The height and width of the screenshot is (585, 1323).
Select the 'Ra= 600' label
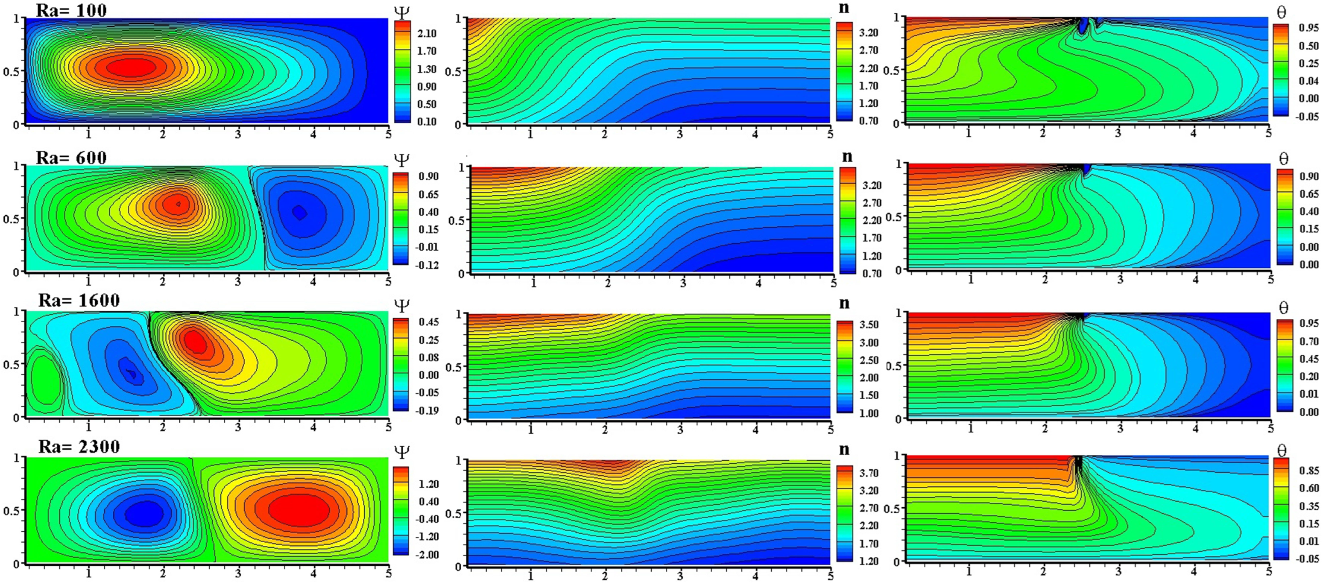pos(71,157)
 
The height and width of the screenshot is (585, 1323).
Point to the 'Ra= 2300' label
pos(79,446)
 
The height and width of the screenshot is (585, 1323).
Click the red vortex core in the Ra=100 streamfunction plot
pos(132,66)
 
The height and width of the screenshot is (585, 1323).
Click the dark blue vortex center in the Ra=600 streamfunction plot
pos(300,212)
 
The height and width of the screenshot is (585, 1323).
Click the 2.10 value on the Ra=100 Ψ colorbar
pos(426,33)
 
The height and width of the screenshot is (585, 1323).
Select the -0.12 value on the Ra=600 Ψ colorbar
pos(427,265)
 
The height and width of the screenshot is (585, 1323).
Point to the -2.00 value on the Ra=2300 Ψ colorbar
pos(427,555)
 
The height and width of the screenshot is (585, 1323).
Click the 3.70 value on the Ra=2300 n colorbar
pos(869,473)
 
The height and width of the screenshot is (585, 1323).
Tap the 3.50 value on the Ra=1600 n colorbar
pos(869,325)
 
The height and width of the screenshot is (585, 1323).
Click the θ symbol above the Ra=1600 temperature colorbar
pos(1283,307)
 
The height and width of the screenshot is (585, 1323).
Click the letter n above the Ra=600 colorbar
pos(847,156)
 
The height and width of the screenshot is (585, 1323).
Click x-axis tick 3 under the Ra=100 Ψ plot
pos(238,134)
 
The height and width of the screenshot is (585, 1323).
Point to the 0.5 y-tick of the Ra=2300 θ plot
pos(892,509)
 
